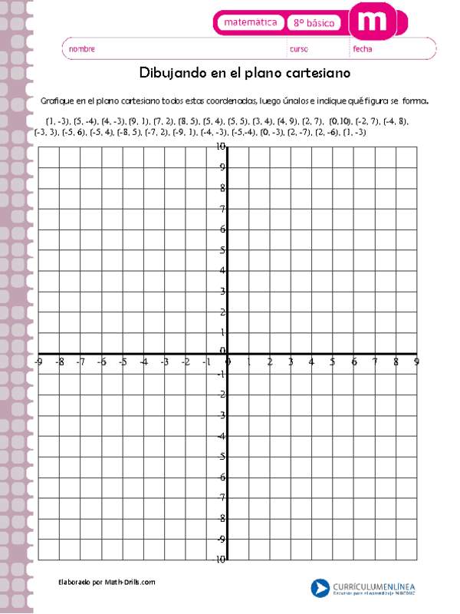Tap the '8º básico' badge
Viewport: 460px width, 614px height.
point(314,24)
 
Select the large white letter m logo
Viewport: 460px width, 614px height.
point(373,21)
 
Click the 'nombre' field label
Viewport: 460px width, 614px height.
point(82,49)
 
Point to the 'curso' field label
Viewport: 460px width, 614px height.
point(298,49)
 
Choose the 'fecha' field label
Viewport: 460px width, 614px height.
point(363,49)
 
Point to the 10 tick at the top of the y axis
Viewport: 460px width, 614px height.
point(221,146)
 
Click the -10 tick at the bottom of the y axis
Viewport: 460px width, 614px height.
point(220,560)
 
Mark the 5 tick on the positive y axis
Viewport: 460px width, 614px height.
point(222,250)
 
